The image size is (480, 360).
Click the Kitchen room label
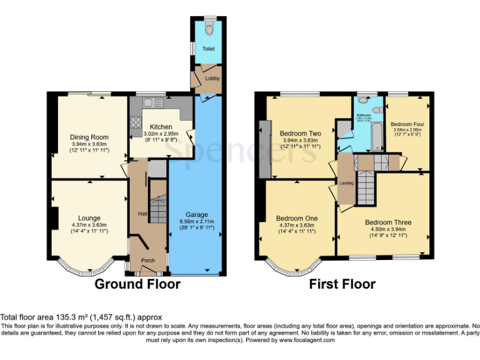(161, 127)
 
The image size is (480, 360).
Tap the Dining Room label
(89, 137)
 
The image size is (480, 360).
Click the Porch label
(147, 261)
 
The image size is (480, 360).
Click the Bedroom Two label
(300, 134)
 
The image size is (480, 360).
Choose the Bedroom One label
(297, 218)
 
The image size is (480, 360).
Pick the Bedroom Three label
(388, 222)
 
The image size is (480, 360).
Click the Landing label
(347, 183)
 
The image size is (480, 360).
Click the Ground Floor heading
(137, 284)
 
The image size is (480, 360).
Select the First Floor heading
(342, 284)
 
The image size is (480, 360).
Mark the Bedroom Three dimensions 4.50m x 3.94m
(388, 229)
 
